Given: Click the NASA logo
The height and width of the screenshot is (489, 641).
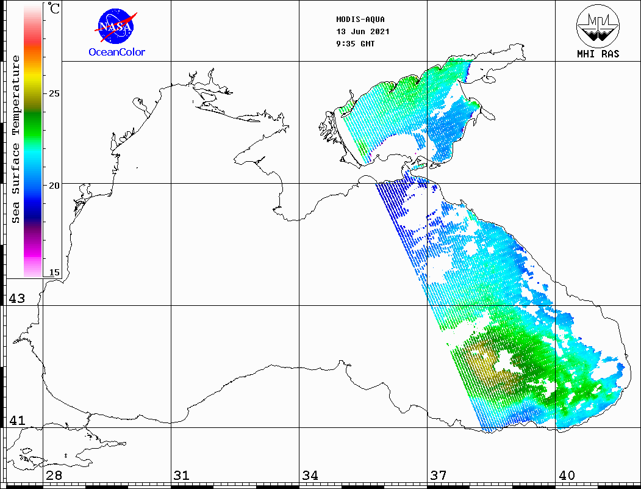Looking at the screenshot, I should click(x=116, y=26).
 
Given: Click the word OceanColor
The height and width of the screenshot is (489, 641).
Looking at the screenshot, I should click(x=117, y=53).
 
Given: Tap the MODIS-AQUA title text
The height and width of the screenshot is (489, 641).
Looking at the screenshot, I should click(x=360, y=20).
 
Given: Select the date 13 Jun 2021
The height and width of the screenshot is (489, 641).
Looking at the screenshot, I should click(x=362, y=32).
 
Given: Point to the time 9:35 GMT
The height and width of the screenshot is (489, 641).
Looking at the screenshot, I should click(x=356, y=44).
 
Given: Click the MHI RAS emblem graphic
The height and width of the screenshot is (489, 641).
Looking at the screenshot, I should click(x=598, y=26).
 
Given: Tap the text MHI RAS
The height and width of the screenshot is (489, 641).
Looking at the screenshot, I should click(x=598, y=54).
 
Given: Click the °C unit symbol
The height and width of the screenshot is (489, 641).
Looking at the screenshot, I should click(x=54, y=9).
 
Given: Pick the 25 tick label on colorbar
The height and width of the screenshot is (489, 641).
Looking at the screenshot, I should click(x=54, y=94).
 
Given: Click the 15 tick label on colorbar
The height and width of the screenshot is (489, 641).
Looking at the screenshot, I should click(x=54, y=273).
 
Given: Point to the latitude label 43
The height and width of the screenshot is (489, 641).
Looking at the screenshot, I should click(x=16, y=299).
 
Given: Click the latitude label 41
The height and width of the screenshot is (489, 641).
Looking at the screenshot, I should click(x=16, y=421).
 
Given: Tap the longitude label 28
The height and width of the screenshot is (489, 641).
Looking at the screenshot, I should click(x=54, y=476).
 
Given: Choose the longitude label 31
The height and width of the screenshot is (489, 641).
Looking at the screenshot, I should click(x=181, y=476).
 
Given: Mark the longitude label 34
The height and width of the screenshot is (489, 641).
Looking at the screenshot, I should click(x=310, y=476).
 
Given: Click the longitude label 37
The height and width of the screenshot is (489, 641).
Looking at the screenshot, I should click(x=438, y=476).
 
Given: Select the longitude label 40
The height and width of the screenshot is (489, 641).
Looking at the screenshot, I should click(x=567, y=476).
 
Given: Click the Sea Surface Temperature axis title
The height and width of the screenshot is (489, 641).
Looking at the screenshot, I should click(x=16, y=139).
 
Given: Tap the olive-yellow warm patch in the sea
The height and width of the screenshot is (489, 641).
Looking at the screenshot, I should click(x=482, y=360).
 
